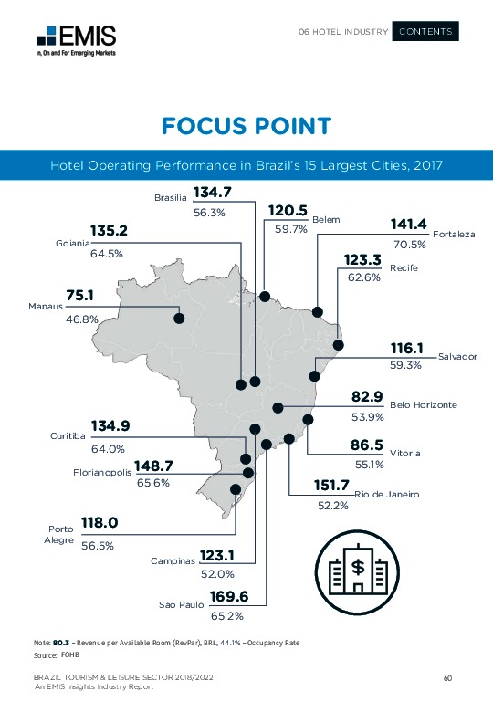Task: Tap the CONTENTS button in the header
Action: click(x=425, y=32)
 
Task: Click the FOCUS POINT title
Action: click(x=246, y=126)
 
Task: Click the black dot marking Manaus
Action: click(x=179, y=318)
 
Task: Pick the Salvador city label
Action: click(x=457, y=356)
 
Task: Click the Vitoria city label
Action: click(x=404, y=453)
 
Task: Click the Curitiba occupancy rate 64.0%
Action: click(x=108, y=448)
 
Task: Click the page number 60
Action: click(x=447, y=677)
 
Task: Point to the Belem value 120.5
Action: click(x=288, y=211)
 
